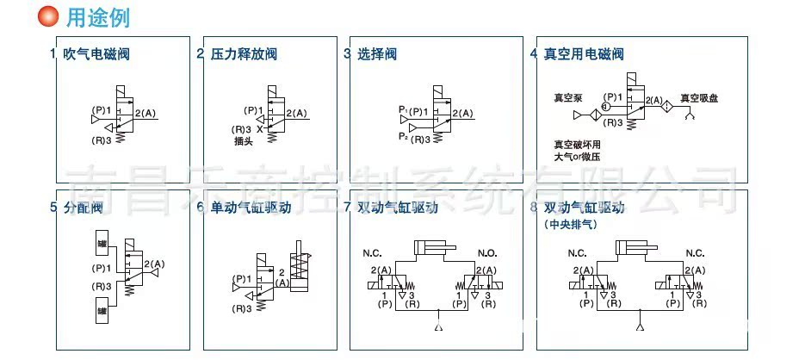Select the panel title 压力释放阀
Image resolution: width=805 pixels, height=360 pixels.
tap(244, 54)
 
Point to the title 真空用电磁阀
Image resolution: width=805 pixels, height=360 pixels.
tap(583, 54)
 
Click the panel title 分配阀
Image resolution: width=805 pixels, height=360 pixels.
tap(83, 208)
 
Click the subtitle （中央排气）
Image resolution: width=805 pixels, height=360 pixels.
tap(570, 224)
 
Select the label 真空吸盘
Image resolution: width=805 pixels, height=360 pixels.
tap(698, 98)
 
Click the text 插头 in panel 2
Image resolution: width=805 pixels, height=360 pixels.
tap(244, 142)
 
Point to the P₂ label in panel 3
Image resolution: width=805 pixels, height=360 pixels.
tap(403, 136)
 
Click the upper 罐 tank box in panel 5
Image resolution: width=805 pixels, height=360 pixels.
tap(102, 244)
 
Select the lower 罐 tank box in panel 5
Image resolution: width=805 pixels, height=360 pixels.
tap(102, 311)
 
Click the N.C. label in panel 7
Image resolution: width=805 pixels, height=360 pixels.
tap(372, 255)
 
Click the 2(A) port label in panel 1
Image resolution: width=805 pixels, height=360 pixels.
tap(147, 114)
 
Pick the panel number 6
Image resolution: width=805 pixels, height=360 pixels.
tap(200, 208)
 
